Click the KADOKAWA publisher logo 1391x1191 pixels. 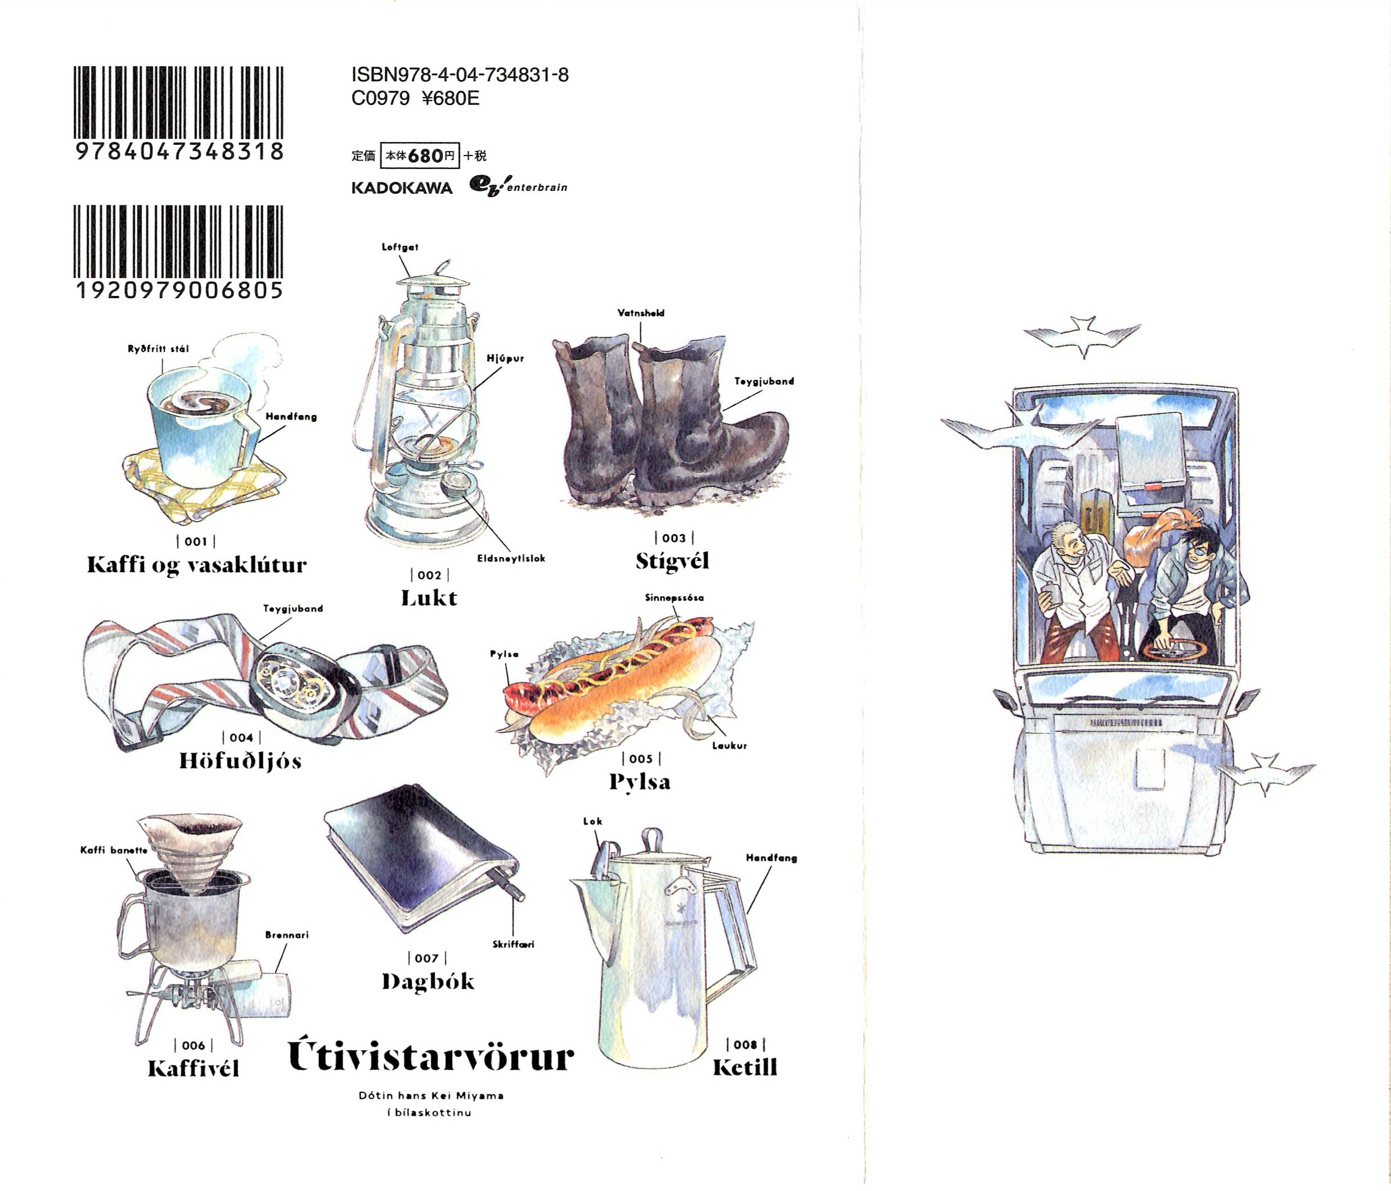click(402, 188)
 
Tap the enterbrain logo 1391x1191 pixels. click(518, 186)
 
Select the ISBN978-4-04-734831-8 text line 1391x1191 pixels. click(460, 75)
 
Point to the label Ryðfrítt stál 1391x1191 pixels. click(158, 349)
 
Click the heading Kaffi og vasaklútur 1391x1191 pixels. click(197, 565)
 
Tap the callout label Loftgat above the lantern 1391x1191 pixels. click(400, 247)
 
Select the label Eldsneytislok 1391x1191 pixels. click(511, 558)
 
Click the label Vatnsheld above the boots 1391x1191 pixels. click(641, 313)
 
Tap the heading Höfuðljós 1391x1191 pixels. click(240, 761)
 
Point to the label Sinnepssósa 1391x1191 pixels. click(674, 597)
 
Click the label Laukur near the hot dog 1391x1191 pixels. click(729, 745)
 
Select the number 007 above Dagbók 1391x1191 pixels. click(427, 958)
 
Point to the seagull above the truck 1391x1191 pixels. click(1082, 335)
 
